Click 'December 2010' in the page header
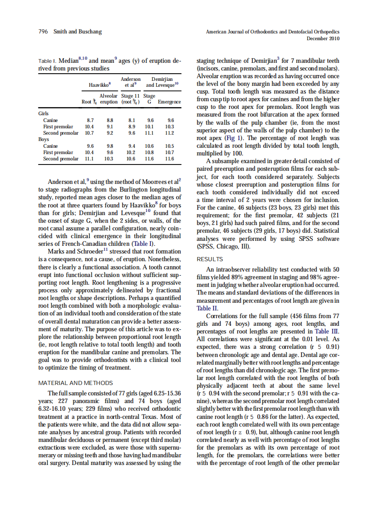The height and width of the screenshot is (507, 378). pos(323,38)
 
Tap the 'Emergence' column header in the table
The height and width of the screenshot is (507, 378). pos(170,102)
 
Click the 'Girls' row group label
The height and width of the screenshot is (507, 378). pos(43,114)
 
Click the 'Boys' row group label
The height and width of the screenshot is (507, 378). pos(43,140)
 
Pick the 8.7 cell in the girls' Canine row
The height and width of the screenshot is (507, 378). pos(90,121)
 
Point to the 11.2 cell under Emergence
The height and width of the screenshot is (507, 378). pos(170,133)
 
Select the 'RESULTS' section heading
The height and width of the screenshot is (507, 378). pos(210,259)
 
